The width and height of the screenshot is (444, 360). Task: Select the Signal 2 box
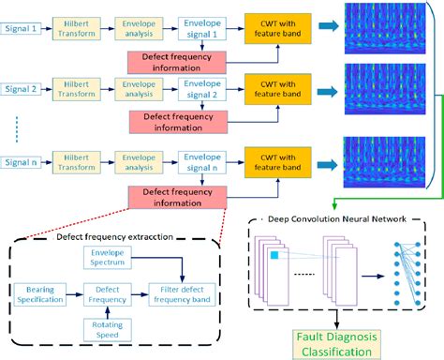[22, 90]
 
